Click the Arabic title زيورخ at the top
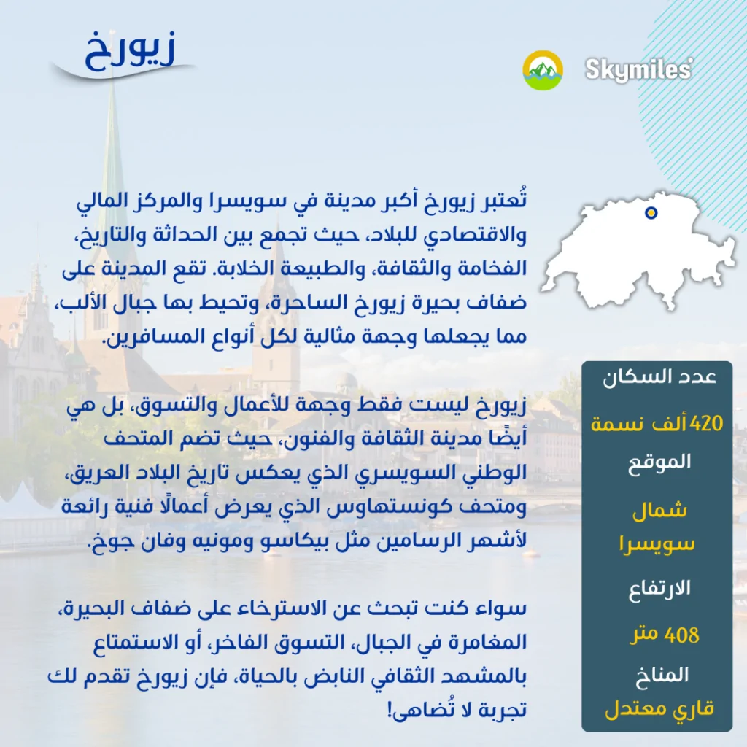tap(130, 53)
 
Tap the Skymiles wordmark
tap(639, 69)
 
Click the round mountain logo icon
tap(543, 70)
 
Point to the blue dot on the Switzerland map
tap(651, 212)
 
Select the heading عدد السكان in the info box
tap(659, 377)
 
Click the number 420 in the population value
tap(706, 422)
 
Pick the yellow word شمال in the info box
tap(659, 511)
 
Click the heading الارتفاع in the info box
tap(659, 589)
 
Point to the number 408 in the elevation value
tap(682, 635)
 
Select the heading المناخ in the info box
tap(662, 675)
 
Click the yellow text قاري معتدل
tap(659, 709)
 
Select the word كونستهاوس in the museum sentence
tap(387, 507)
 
